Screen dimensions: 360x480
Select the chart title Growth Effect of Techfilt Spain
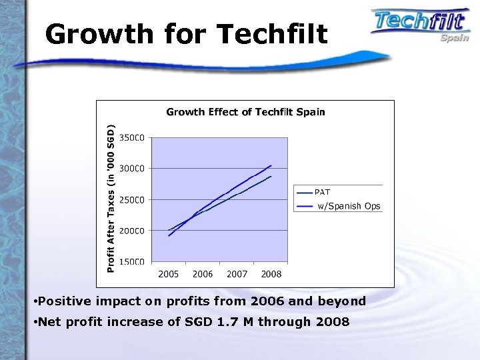(245, 112)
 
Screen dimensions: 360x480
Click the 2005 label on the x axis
(168, 274)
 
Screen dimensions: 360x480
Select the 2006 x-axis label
(203, 274)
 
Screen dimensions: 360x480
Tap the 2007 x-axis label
(237, 274)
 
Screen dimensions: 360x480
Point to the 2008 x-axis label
(271, 274)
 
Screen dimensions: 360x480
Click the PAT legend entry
(323, 193)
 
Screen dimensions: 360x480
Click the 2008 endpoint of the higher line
(271, 165)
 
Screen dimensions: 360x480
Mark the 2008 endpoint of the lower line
(271, 177)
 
